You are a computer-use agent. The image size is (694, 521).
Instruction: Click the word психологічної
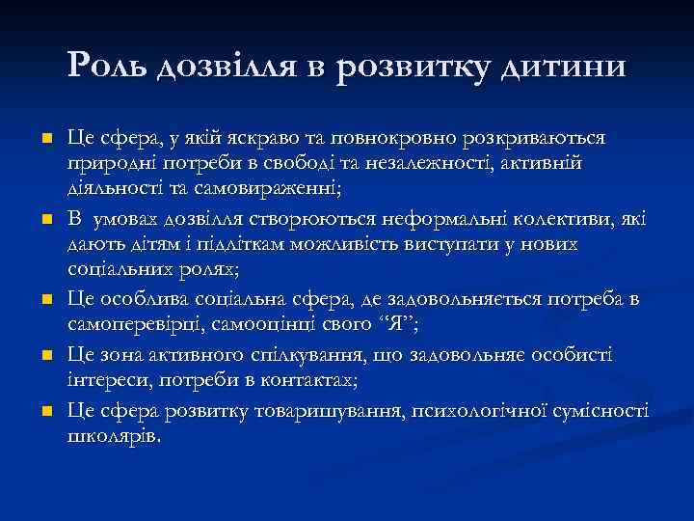tap(479, 409)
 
